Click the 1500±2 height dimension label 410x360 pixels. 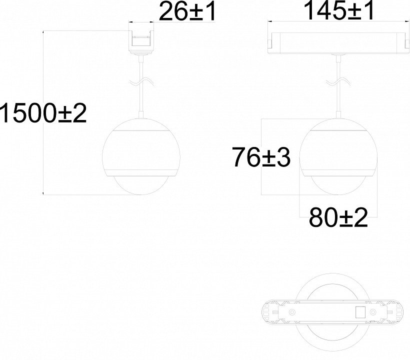pos(43,113)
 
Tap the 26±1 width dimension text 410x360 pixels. pos(187,11)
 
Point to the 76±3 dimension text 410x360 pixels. pos(261,157)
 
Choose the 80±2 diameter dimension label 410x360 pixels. pos(338,217)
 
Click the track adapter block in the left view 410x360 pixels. pos(141,42)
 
